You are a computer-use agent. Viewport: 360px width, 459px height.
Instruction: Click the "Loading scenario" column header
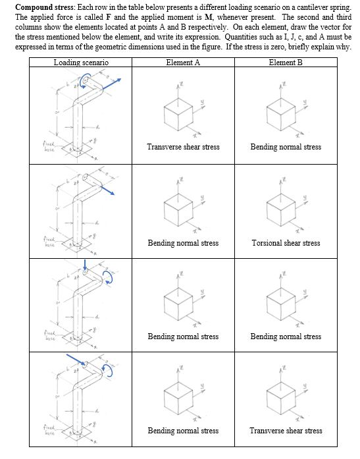[81, 62]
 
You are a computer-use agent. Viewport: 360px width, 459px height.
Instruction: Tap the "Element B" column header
[286, 62]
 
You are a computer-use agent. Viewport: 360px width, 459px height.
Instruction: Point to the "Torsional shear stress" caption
[286, 243]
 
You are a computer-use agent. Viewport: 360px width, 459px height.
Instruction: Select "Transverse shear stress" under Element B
[286, 431]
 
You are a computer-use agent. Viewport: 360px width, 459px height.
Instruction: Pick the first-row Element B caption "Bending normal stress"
[286, 147]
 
